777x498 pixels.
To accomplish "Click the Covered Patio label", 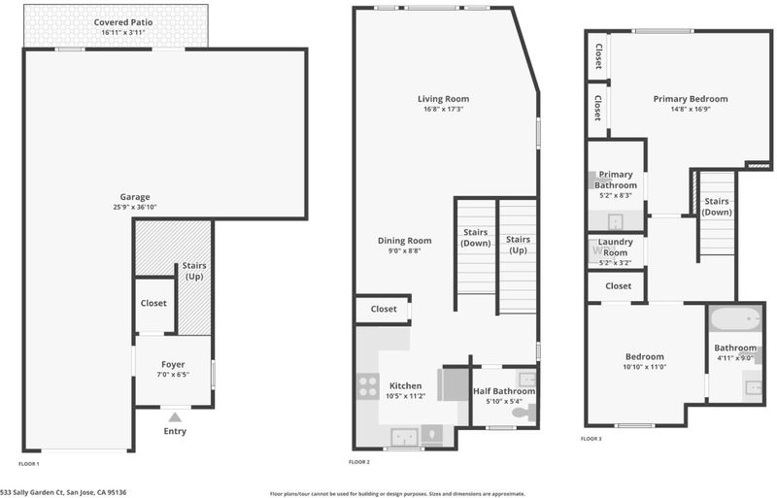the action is [123, 22].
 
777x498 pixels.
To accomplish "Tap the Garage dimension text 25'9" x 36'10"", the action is [135, 207].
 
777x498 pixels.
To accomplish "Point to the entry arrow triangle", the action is [175, 417].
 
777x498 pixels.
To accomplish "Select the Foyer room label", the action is [173, 364].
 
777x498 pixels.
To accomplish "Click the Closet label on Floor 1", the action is [153, 303].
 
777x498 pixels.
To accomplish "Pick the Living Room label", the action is [443, 99].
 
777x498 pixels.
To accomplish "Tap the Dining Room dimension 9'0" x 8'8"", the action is [404, 250].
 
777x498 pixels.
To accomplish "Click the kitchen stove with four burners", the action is [368, 386].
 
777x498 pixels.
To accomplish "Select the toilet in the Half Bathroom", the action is [524, 412].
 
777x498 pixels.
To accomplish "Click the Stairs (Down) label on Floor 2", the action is [476, 238].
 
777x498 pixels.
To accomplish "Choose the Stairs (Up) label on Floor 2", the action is [518, 245].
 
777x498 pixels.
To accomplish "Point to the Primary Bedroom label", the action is [691, 99].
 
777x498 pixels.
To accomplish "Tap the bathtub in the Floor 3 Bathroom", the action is [735, 318].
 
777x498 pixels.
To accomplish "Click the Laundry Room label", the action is [616, 247].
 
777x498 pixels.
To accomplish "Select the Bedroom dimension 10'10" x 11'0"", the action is [645, 367].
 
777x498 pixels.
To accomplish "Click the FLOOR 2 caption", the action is [359, 462].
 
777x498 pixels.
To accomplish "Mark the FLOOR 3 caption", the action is [591, 439].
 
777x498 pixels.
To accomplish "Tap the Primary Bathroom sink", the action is [616, 221].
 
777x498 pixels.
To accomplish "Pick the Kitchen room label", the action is [405, 385].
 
